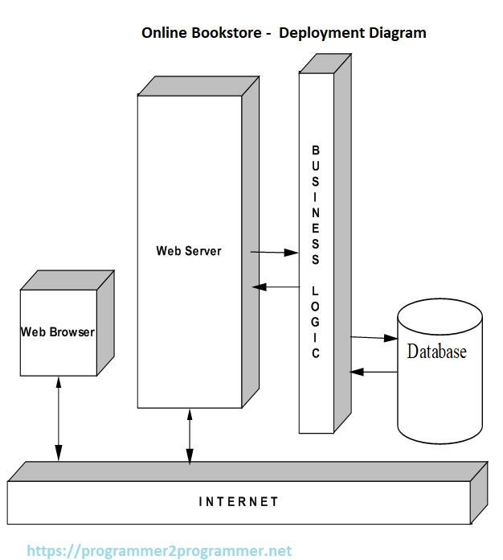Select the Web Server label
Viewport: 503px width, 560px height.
click(x=189, y=250)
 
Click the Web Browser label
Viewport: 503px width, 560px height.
click(x=57, y=331)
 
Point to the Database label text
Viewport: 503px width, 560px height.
click(x=436, y=352)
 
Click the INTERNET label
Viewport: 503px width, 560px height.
click(x=238, y=501)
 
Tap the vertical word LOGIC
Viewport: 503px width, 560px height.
click(x=316, y=320)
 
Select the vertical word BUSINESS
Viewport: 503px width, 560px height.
click(x=316, y=205)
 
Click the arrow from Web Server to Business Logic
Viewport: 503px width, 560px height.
click(x=275, y=253)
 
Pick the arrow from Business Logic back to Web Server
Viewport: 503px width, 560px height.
click(x=275, y=286)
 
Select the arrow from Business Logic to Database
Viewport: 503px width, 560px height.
click(x=374, y=338)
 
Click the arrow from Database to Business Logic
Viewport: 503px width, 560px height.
click(x=374, y=372)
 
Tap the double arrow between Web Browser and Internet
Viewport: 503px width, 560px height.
click(x=59, y=422)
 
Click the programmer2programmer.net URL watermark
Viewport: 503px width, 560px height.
click(x=159, y=551)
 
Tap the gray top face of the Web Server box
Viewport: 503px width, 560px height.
click(x=198, y=85)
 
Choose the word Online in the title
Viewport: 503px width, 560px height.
click(x=162, y=33)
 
